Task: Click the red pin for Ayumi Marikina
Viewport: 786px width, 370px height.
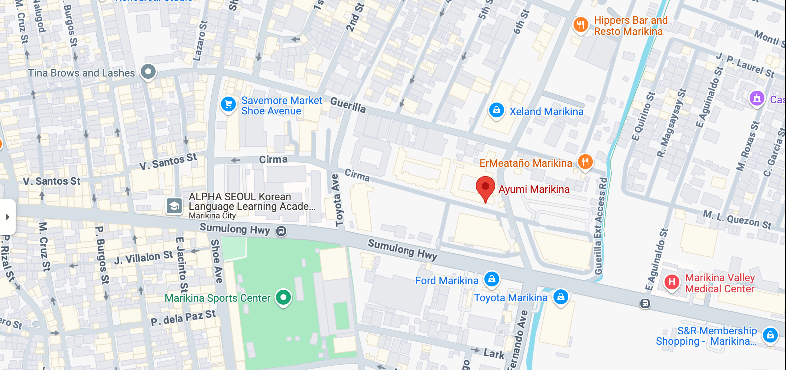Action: click(x=485, y=187)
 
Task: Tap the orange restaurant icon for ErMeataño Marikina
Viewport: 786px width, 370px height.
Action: click(x=585, y=162)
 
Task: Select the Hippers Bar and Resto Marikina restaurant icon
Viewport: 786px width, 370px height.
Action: click(x=581, y=25)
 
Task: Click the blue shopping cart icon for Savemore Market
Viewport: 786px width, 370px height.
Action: click(x=228, y=104)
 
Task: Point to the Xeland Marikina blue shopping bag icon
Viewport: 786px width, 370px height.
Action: click(x=497, y=110)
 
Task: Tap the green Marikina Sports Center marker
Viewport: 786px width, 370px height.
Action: click(x=283, y=297)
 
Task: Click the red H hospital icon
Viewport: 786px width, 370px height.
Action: click(x=672, y=282)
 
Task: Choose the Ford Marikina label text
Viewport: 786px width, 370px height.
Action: click(x=446, y=280)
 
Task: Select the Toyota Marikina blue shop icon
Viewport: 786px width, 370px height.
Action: click(x=561, y=297)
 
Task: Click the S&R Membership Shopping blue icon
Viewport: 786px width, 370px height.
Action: click(x=770, y=335)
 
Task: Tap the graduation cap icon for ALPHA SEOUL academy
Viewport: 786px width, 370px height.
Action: click(x=174, y=205)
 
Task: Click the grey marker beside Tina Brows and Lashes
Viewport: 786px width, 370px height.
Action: click(x=148, y=71)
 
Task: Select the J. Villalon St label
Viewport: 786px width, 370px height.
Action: click(x=143, y=257)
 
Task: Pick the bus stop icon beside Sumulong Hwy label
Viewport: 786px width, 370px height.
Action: click(x=281, y=231)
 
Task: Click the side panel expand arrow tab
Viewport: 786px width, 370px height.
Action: click(x=7, y=217)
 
